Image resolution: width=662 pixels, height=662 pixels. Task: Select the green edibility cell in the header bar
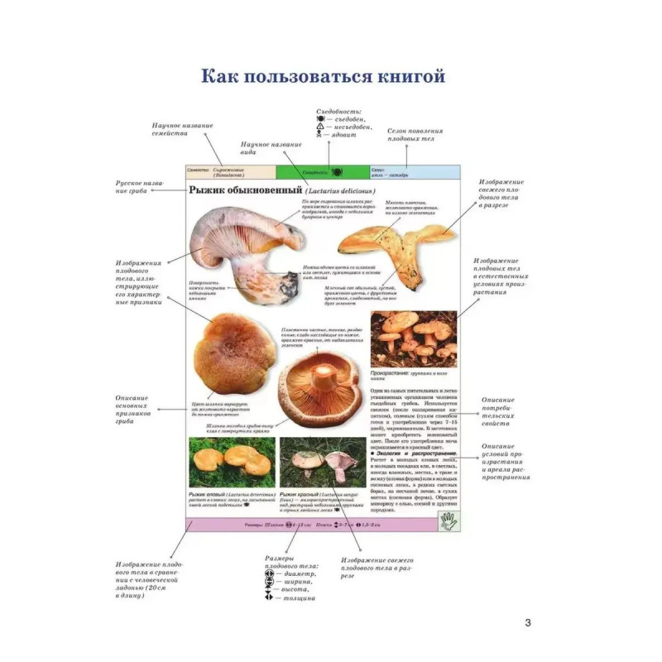click(323, 172)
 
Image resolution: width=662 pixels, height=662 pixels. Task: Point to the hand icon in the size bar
click(449, 521)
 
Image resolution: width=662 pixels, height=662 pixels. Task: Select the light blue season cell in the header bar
click(414, 172)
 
